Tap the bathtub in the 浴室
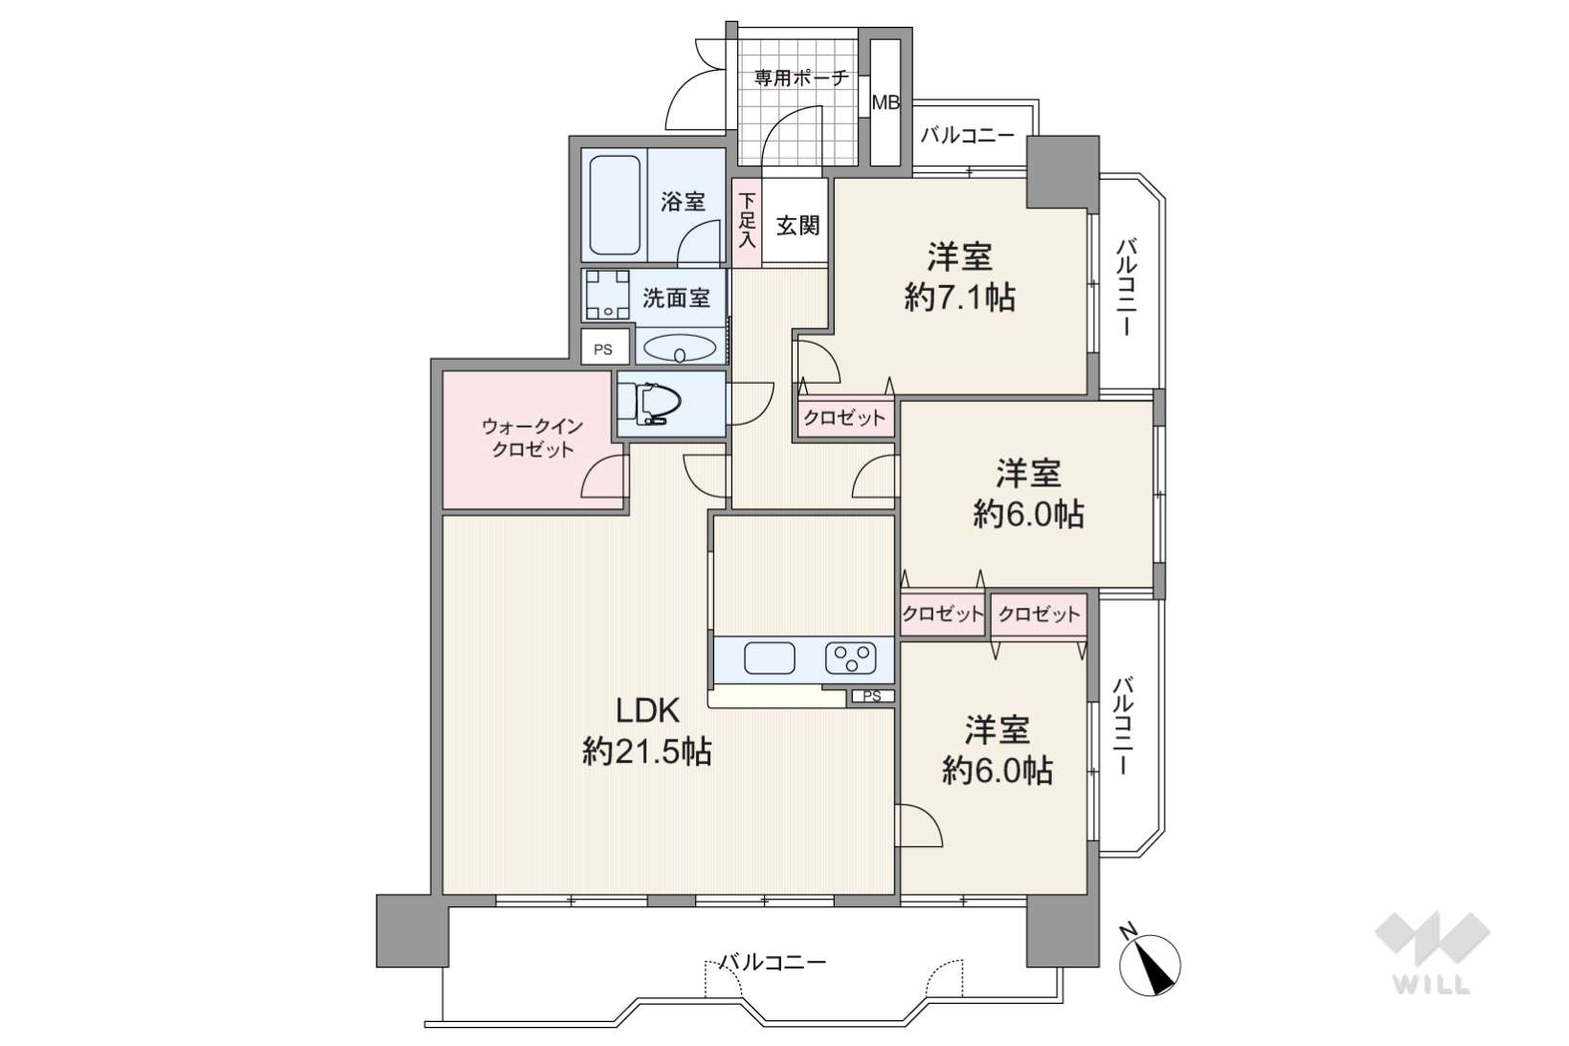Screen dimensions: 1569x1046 tap(615, 205)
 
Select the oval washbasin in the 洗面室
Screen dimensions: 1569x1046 tap(679, 348)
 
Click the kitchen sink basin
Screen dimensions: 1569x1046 tap(769, 658)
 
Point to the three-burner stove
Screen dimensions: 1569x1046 tap(851, 658)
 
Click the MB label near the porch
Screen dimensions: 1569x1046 tap(885, 103)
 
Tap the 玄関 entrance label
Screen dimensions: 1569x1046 tap(797, 226)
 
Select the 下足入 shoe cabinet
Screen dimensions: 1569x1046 tap(748, 221)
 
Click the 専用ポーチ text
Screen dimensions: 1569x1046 tap(801, 78)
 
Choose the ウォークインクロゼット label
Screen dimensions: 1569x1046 tap(532, 437)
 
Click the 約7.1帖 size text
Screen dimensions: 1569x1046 tap(960, 299)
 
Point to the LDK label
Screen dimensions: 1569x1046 tap(647, 711)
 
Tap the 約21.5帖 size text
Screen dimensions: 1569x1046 tap(647, 752)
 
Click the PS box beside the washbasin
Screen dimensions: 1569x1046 tap(603, 348)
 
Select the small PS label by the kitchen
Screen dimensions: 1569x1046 tap(872, 696)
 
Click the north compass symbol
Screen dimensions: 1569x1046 tap(1150, 964)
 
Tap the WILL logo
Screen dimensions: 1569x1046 tap(1432, 952)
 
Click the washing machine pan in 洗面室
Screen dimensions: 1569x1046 tap(607, 295)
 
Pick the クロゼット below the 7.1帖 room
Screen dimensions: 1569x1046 tap(844, 418)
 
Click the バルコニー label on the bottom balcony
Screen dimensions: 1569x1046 tap(773, 963)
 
